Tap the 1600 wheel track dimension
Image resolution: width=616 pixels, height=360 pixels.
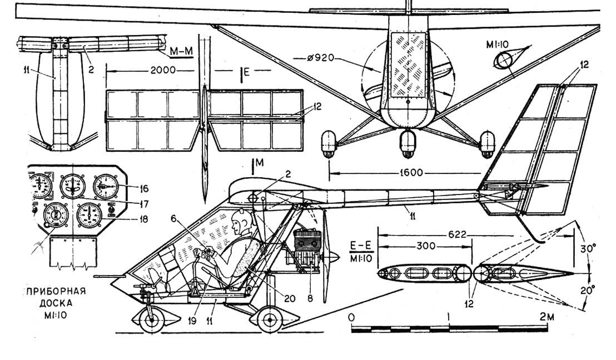click(424, 173)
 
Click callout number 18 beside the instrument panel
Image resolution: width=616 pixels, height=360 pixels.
click(128, 218)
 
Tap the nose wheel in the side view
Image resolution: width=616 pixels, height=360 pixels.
click(150, 320)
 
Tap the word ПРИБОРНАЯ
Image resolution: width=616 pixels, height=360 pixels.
click(54, 291)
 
